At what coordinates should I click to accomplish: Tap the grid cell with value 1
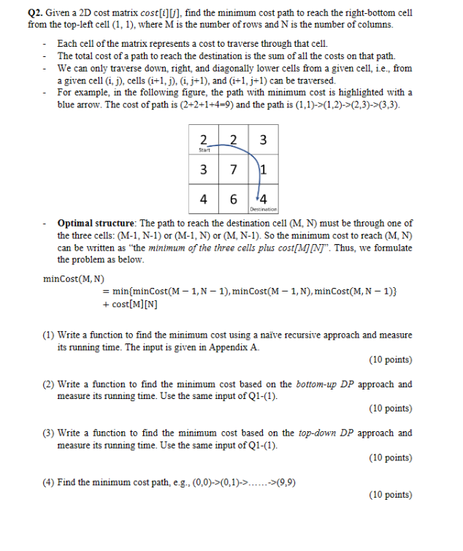(x=261, y=170)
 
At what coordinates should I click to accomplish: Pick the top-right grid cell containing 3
(x=261, y=141)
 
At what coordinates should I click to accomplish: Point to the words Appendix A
(x=234, y=347)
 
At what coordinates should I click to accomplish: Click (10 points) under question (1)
(x=391, y=360)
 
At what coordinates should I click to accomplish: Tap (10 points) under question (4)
(x=391, y=495)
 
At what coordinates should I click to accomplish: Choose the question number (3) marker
(x=48, y=433)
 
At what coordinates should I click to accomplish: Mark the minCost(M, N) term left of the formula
(x=74, y=278)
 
